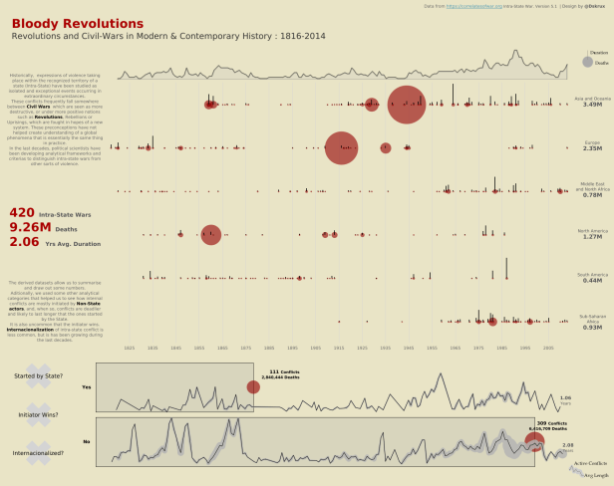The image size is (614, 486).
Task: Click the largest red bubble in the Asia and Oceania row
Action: [x=407, y=105]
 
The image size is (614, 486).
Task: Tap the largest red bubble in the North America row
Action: [x=210, y=235]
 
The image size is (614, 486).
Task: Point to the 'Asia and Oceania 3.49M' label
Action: [x=592, y=102]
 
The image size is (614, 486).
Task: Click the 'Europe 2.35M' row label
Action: [x=592, y=145]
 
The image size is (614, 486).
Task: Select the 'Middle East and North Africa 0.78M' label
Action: [x=592, y=191]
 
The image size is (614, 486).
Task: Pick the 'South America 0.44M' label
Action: [x=592, y=278]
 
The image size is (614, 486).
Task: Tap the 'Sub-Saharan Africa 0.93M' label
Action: [x=592, y=323]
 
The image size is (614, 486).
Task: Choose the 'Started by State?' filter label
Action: [x=38, y=375]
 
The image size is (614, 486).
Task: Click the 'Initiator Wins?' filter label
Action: [x=38, y=414]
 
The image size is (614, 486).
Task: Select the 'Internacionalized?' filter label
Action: [x=38, y=454]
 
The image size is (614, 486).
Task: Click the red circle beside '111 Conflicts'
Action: [x=253, y=387]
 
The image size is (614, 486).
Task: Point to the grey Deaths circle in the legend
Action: [x=588, y=63]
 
